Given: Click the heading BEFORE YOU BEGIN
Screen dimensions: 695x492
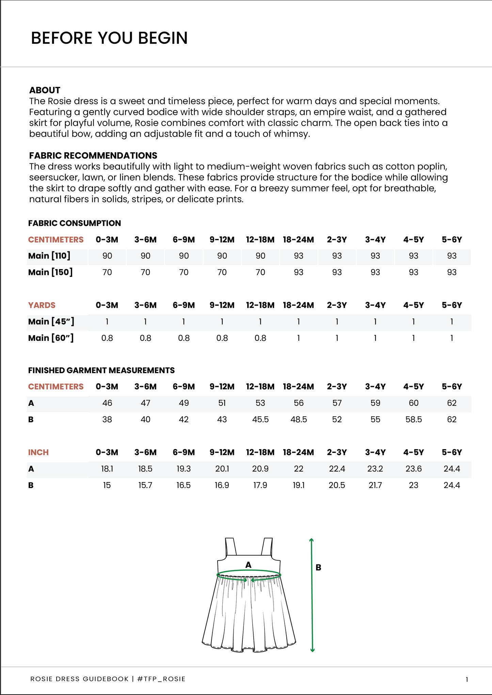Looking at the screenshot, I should pos(109,38).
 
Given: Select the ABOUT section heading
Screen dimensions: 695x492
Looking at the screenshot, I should pos(45,90).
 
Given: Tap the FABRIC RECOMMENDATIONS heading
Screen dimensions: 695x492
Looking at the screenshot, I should pos(93,155).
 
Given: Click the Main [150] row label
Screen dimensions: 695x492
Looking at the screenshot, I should pos(50,272).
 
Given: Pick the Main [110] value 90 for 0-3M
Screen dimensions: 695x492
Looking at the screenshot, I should pos(107,256).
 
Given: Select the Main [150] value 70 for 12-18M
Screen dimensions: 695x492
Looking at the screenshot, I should pos(260,272).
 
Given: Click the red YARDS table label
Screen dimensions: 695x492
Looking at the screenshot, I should pos(42,305).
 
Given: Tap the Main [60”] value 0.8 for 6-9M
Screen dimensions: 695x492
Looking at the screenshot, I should pos(184,338).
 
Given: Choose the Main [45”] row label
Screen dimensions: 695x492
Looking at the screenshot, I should pos(51,321).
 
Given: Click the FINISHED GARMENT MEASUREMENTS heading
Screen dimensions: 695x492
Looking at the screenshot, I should pos(101,370).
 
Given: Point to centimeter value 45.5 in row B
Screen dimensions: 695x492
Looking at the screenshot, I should pos(260,419).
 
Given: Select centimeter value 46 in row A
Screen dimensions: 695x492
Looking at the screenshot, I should pos(107,403).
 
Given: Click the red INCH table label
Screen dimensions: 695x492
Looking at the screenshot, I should pos(38,452).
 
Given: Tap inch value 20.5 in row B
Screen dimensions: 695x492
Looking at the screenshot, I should pos(337,485).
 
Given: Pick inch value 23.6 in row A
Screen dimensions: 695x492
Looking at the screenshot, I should pos(413,469).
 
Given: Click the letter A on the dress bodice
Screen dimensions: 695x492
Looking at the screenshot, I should pos(249,565).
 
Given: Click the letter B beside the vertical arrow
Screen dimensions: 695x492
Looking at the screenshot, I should pos(318,567).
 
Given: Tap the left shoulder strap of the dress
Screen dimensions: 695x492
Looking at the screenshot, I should pos(231,547).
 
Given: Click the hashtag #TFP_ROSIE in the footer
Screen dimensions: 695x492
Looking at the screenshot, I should pos(161,679).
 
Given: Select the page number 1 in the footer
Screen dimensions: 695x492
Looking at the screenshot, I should pos(467,680).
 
